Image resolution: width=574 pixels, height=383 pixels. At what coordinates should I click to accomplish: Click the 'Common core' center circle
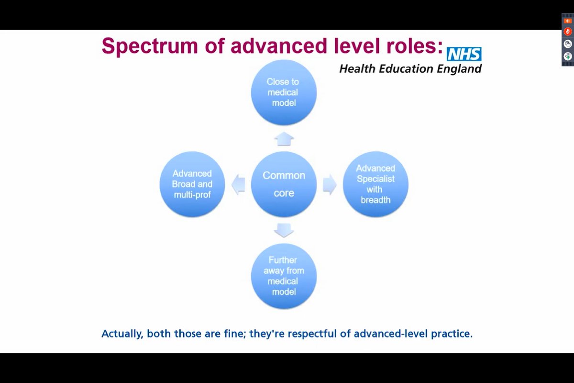click(x=284, y=184)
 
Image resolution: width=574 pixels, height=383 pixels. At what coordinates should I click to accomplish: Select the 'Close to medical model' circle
click(x=284, y=92)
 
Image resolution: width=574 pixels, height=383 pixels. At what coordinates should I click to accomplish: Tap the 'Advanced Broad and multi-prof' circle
click(x=192, y=184)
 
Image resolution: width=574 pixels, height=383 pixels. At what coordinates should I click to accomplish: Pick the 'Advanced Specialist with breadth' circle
click(x=375, y=184)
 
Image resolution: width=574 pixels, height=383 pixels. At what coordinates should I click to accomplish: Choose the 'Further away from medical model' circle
click(x=284, y=276)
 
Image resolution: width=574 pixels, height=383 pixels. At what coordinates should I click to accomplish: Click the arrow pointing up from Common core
click(x=284, y=139)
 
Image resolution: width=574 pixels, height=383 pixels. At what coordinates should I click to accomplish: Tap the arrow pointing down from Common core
click(x=284, y=231)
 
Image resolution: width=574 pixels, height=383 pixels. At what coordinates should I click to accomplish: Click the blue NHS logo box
click(x=464, y=54)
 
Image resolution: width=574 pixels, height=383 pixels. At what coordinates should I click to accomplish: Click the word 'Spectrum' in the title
click(x=139, y=46)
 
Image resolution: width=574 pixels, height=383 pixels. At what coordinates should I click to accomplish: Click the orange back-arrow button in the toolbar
click(x=568, y=21)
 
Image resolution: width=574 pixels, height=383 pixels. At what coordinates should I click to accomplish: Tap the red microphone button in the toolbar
click(x=568, y=32)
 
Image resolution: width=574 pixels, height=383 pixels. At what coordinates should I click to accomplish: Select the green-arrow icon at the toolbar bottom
click(x=568, y=56)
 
